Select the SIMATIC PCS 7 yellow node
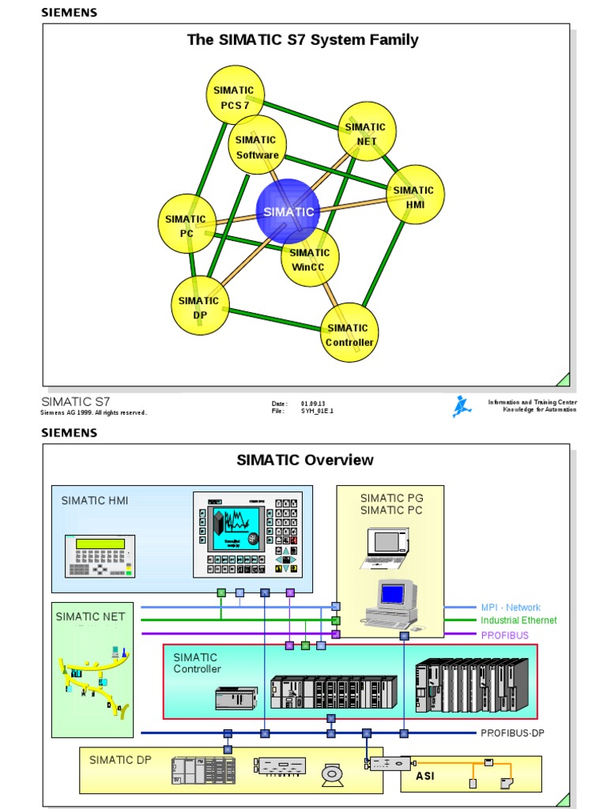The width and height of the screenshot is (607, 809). pyautogui.click(x=235, y=96)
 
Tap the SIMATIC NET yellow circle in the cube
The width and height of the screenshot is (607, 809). pyautogui.click(x=367, y=132)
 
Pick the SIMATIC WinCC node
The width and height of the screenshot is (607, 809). pyautogui.click(x=310, y=258)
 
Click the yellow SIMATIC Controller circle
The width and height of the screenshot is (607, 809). pyautogui.click(x=349, y=333)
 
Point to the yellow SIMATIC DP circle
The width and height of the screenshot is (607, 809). pyautogui.click(x=200, y=306)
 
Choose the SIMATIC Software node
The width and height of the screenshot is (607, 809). pyautogui.click(x=257, y=145)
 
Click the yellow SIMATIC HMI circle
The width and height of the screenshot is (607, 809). pyautogui.click(x=415, y=194)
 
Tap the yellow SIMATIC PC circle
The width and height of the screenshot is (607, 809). pyautogui.click(x=187, y=224)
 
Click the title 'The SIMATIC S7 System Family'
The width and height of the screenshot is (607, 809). pyautogui.click(x=303, y=40)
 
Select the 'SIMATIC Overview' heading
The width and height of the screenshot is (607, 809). pyautogui.click(x=305, y=460)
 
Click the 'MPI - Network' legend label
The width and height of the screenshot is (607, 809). pyautogui.click(x=511, y=608)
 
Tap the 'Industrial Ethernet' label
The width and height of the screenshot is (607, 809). pyautogui.click(x=518, y=621)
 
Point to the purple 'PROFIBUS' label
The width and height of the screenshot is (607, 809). pyautogui.click(x=504, y=635)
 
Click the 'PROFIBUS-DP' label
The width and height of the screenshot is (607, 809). pyautogui.click(x=512, y=733)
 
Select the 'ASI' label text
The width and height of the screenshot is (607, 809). pyautogui.click(x=425, y=776)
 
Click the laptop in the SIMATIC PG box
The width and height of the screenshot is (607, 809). pyautogui.click(x=387, y=547)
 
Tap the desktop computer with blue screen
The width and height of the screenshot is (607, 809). pyautogui.click(x=392, y=604)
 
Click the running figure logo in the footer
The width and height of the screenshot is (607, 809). pyautogui.click(x=462, y=407)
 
